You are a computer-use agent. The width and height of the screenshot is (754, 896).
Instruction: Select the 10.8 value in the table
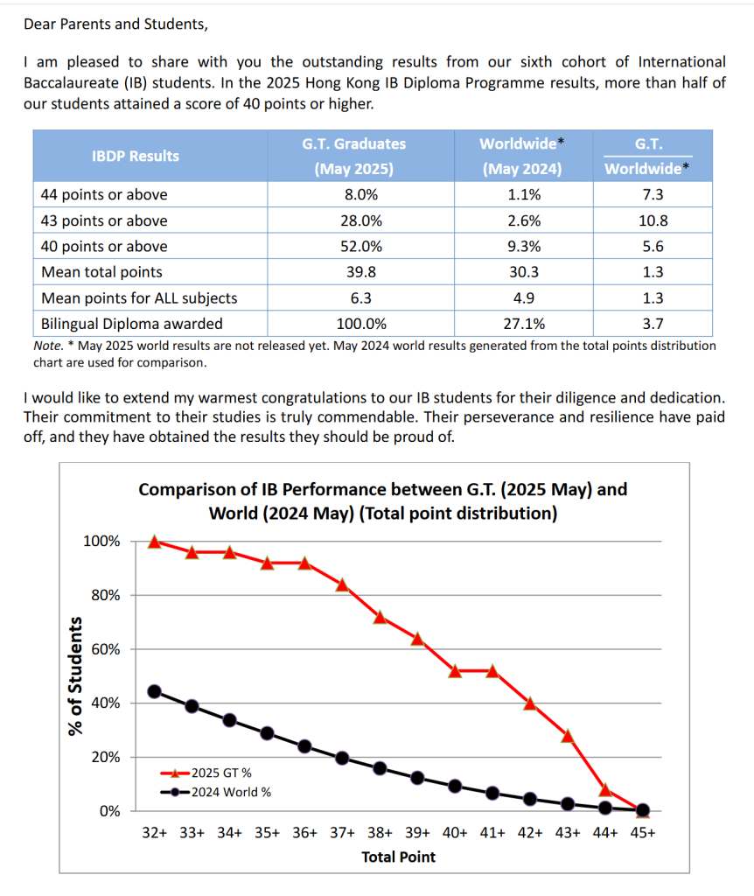click(653, 220)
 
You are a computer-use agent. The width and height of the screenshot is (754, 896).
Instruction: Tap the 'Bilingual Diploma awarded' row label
click(132, 324)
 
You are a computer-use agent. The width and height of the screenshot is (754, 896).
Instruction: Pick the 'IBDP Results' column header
click(136, 156)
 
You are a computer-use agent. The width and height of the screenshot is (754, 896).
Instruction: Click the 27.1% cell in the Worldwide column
click(524, 324)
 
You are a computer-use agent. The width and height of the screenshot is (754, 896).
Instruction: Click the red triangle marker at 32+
click(155, 542)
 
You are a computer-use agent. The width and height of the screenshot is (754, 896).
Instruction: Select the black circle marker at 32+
click(155, 691)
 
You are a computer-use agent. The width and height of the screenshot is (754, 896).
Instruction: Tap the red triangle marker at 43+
click(567, 735)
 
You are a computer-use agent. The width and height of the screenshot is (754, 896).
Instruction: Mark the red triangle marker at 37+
click(342, 584)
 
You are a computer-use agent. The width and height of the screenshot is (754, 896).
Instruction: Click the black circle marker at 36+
click(304, 746)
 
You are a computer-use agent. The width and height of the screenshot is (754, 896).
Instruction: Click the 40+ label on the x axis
click(455, 833)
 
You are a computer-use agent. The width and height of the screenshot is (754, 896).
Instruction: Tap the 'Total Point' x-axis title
click(398, 857)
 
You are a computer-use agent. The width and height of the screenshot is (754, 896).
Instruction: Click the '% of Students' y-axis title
click(76, 675)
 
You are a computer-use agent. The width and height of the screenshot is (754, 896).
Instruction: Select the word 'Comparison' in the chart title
click(185, 489)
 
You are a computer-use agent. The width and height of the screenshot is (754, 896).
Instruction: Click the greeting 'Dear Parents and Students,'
click(116, 24)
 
